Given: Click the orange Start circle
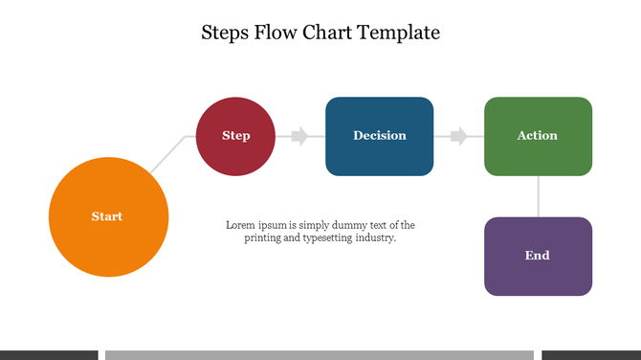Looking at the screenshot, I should click(x=108, y=216).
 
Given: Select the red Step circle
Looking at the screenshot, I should click(x=235, y=136).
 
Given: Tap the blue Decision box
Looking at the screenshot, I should click(x=379, y=136).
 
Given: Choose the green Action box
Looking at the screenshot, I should click(x=538, y=136).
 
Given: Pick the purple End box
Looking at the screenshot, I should click(x=538, y=256).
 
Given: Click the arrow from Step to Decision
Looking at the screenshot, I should click(x=298, y=136).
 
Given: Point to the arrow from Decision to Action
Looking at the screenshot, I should click(x=458, y=136).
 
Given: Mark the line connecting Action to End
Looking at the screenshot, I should click(x=538, y=196).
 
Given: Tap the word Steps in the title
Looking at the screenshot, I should click(x=225, y=33).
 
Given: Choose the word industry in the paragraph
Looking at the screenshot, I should click(x=376, y=237).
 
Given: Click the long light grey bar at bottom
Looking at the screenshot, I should click(x=319, y=354).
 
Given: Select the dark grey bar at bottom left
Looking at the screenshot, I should click(x=49, y=354).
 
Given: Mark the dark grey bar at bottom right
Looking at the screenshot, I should click(x=590, y=354).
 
